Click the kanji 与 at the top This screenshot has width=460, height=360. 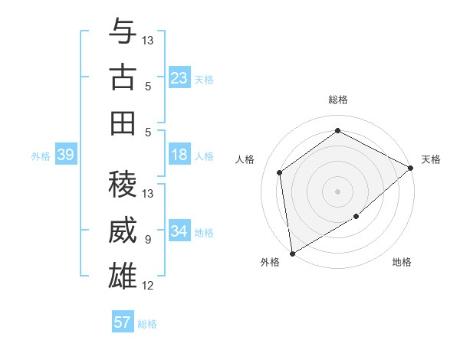click(123, 32)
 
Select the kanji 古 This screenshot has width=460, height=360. click(123, 77)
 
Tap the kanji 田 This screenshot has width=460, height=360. click(123, 123)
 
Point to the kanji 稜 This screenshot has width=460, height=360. click(123, 185)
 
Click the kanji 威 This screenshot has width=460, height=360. click(123, 230)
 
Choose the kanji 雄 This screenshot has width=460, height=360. click(123, 276)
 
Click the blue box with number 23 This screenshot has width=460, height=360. click(179, 78)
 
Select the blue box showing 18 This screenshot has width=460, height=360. click(179, 155)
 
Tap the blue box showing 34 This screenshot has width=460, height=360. click(179, 232)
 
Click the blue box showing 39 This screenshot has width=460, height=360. click(65, 155)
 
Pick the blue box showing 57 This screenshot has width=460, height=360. click(123, 322)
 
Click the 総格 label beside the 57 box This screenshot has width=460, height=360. click(147, 324)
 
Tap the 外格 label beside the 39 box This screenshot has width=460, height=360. click(41, 156)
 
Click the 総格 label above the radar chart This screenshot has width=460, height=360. click(337, 100)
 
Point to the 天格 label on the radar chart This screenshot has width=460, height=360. click(431, 159)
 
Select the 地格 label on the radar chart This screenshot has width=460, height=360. click(402, 263)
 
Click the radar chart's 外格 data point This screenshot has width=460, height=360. click(292, 253)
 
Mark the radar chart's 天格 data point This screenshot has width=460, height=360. click(411, 168)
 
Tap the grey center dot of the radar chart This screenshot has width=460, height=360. click(337, 191)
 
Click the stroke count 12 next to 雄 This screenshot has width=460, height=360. click(148, 286)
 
